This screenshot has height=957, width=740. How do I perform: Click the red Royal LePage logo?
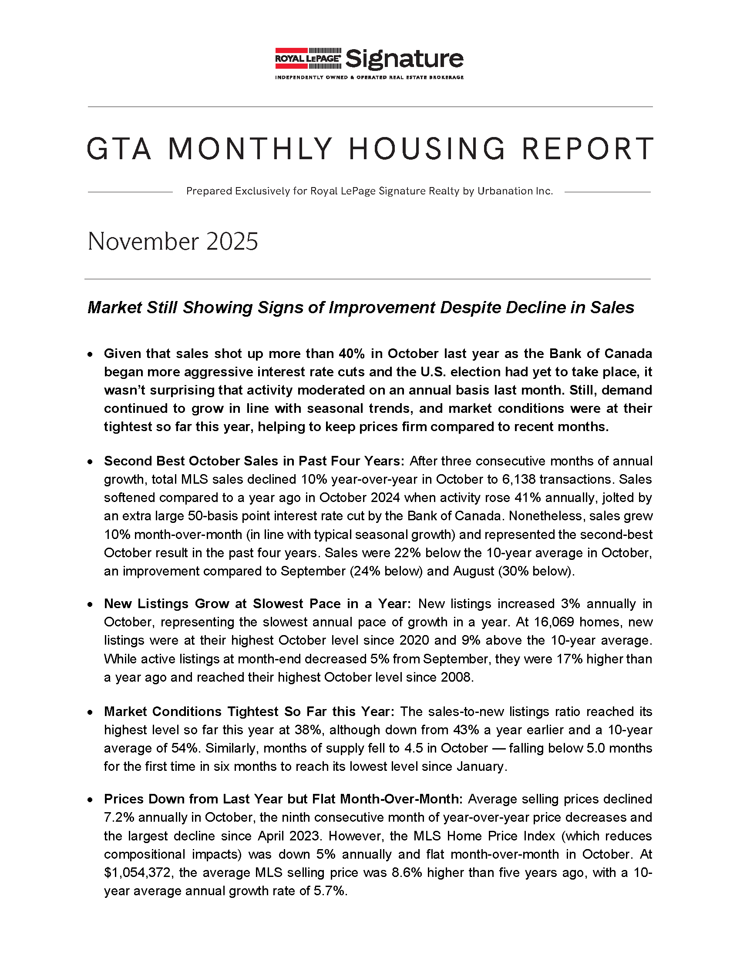[x=308, y=58]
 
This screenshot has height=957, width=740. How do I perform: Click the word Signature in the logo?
[x=404, y=59]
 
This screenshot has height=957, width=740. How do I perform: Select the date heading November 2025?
[x=173, y=241]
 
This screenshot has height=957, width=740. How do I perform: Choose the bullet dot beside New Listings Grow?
[x=90, y=604]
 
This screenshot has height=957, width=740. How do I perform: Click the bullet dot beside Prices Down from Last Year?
[x=90, y=800]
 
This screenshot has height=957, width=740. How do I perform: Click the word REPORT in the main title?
[x=588, y=149]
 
